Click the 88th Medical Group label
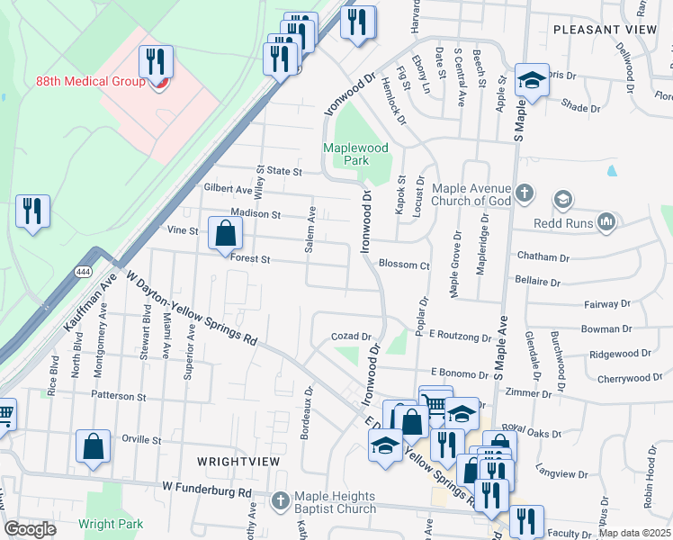pyautogui.click(x=90, y=81)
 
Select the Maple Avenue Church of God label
pyautogui.click(x=471, y=194)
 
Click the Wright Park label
pyautogui.click(x=111, y=523)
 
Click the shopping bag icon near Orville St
pyautogui.click(x=94, y=445)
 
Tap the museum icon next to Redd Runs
pyautogui.click(x=607, y=220)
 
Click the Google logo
pyautogui.click(x=31, y=529)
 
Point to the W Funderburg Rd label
pyautogui.click(x=207, y=492)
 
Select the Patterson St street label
pyautogui.click(x=117, y=396)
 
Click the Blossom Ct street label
pyautogui.click(x=404, y=265)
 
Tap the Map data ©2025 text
pyautogui.click(x=634, y=533)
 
